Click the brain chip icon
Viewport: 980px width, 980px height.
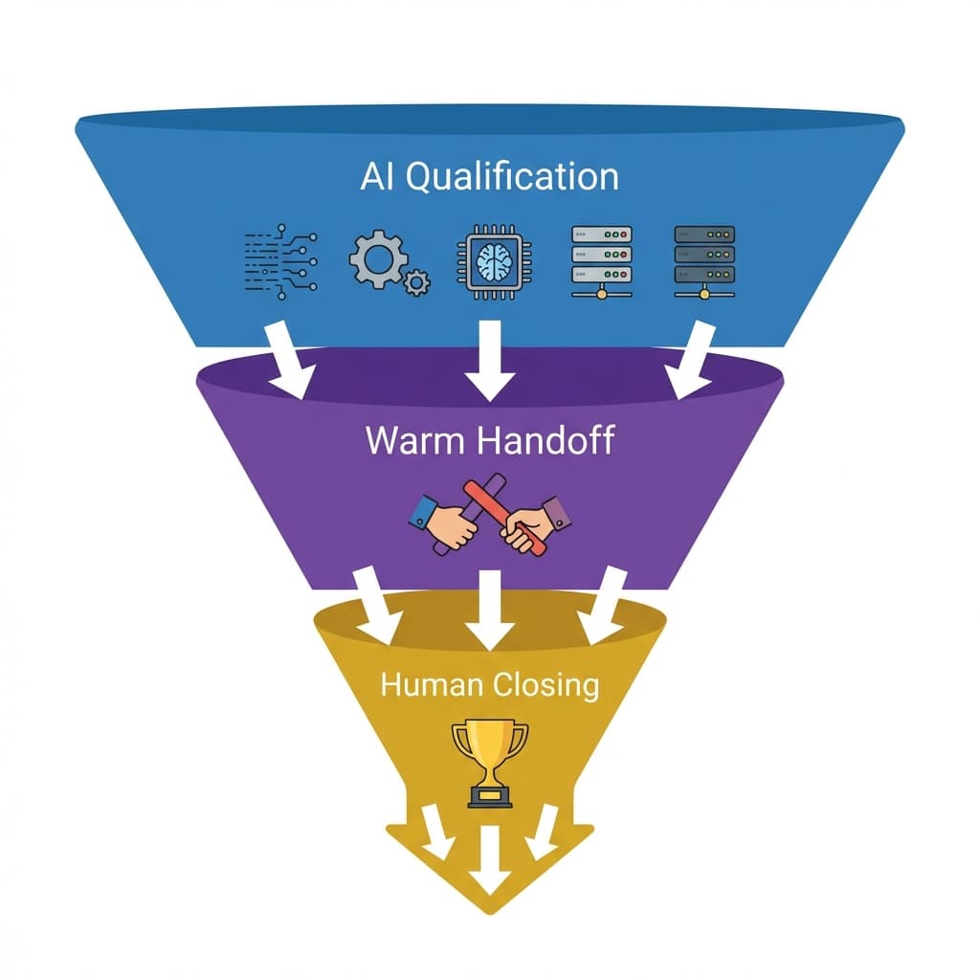click(490, 257)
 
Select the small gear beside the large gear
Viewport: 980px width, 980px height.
click(416, 282)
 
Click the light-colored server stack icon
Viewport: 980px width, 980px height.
click(601, 260)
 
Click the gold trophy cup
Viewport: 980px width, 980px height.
click(490, 756)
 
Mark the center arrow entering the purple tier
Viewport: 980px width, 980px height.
click(489, 361)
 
